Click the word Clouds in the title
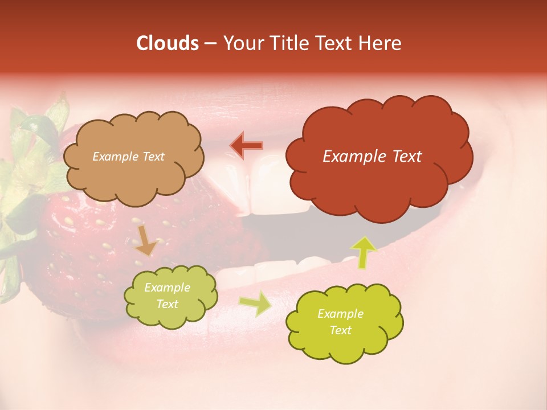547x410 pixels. pos(168,44)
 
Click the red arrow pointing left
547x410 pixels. pos(247,146)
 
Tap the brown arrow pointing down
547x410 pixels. pos(146,240)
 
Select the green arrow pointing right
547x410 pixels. pos(255,304)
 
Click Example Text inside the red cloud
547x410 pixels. pos(372,157)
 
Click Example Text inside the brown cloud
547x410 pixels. pos(128,157)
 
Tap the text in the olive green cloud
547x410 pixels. pos(167,296)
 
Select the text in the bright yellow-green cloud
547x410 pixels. pos(340,322)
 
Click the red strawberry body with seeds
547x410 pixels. pos(85,245)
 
